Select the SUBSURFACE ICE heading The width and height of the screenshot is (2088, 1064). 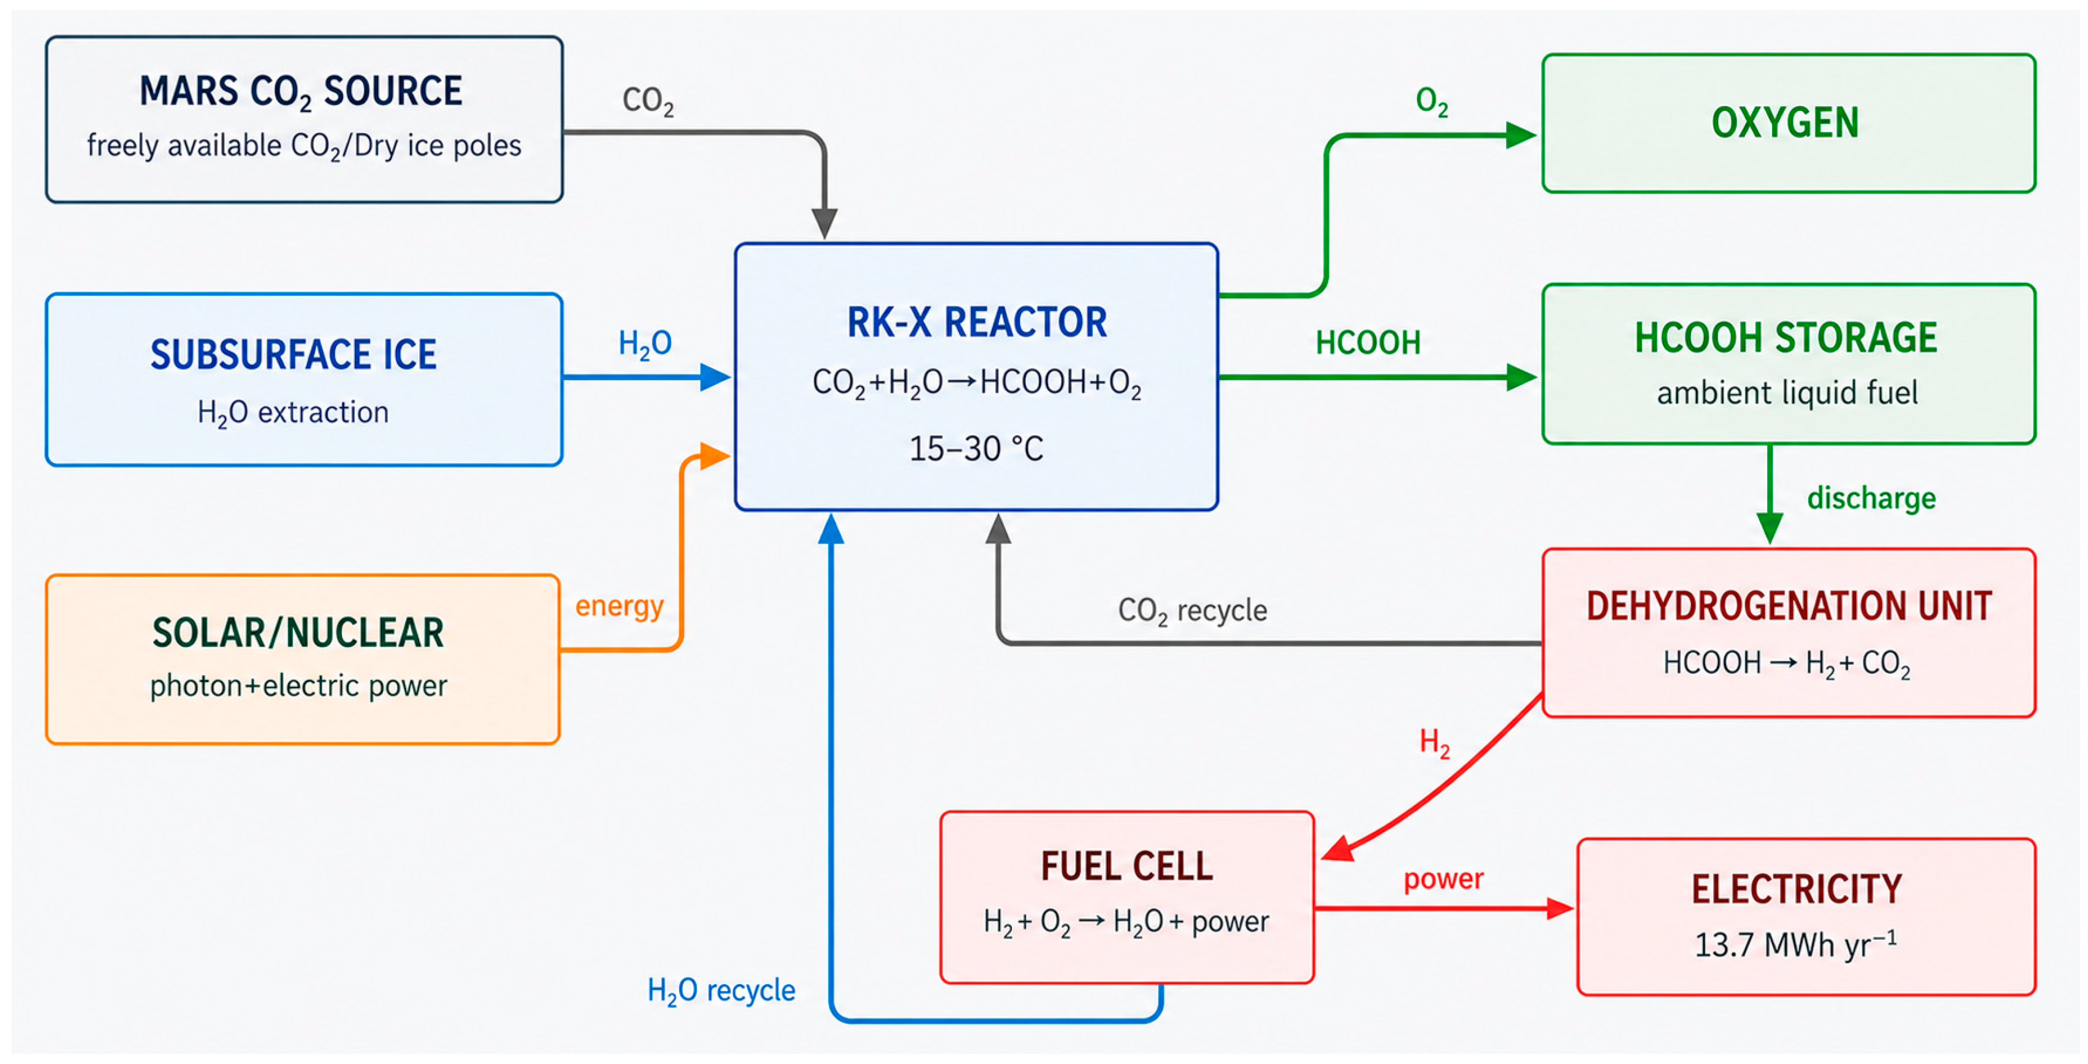(x=293, y=355)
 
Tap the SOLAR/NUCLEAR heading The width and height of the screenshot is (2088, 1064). (x=298, y=633)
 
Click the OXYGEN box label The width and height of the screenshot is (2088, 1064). (x=1785, y=123)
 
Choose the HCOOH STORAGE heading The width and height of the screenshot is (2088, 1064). (x=1785, y=338)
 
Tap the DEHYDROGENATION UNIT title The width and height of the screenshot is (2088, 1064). (x=1789, y=606)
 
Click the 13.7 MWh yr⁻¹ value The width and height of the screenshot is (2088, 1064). (x=1795, y=944)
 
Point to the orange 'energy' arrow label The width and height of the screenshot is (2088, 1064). (x=619, y=606)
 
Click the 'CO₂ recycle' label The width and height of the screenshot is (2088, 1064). (x=1192, y=610)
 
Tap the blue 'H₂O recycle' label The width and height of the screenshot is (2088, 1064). (x=721, y=990)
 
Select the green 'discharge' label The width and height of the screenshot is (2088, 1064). (x=1871, y=498)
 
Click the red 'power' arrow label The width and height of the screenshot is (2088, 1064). (x=1443, y=879)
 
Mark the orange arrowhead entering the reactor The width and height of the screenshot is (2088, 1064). (x=715, y=456)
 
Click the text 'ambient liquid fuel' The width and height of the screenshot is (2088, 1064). (x=1787, y=393)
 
